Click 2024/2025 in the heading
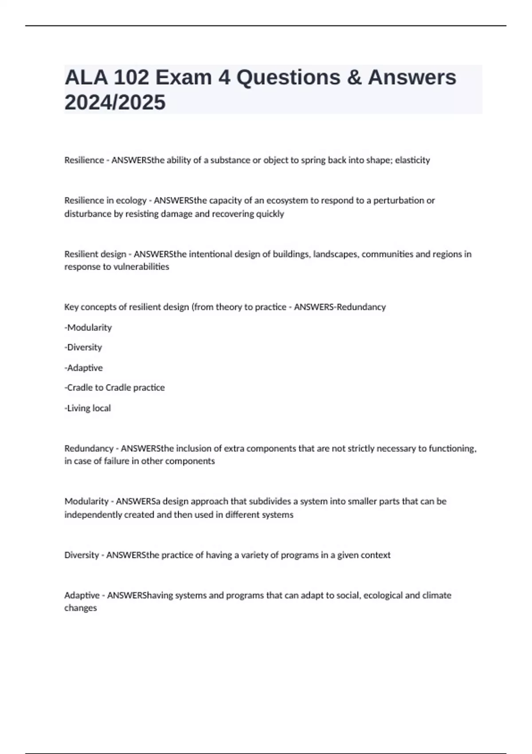115,102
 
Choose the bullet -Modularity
88,328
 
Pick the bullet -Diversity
83,347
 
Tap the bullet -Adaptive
84,368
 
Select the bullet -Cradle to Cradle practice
115,388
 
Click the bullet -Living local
88,408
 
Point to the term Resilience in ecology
106,200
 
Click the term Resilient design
95,254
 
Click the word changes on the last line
81,608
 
